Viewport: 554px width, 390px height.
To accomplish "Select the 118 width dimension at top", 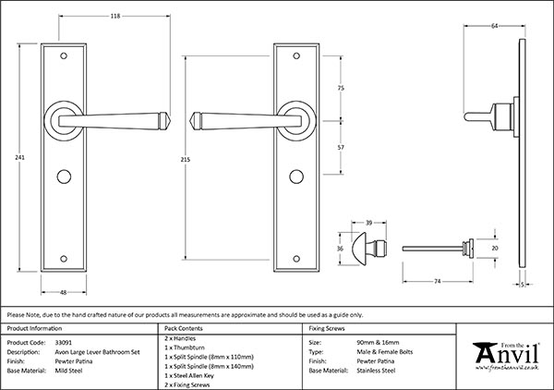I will (x=115, y=16).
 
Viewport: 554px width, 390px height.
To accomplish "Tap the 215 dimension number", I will (x=186, y=159).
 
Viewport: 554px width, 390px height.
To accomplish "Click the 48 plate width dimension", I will (x=61, y=293).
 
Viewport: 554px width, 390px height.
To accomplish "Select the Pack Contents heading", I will (x=182, y=329).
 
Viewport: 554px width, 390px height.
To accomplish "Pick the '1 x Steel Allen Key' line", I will (x=189, y=376).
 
